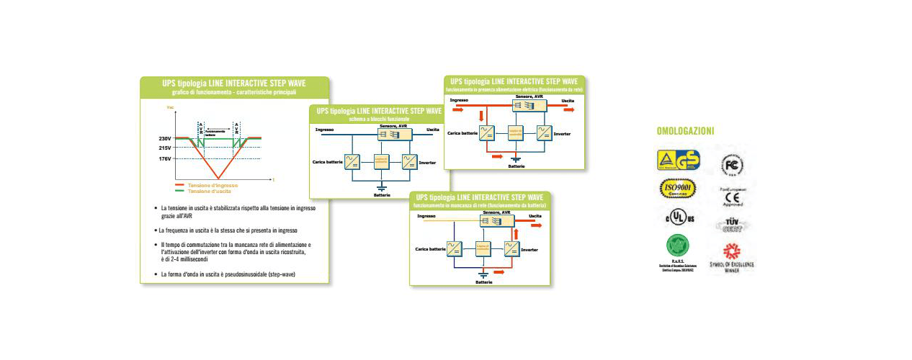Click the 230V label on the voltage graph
pos(164,138)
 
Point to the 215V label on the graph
pos(164,148)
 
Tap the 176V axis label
pos(164,158)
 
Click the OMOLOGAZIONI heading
pos(685,131)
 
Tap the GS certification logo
pos(678,160)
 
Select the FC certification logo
pos(732,165)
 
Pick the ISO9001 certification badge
pos(678,189)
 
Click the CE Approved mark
pos(732,197)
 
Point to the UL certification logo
pos(678,217)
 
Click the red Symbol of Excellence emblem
pos(732,251)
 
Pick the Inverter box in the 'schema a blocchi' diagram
pos(408,162)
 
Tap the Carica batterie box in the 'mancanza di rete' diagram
pos(455,249)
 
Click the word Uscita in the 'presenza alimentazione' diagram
pos(568,100)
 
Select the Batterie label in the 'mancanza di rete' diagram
pos(484,282)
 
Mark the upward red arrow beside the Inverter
pos(515,235)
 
